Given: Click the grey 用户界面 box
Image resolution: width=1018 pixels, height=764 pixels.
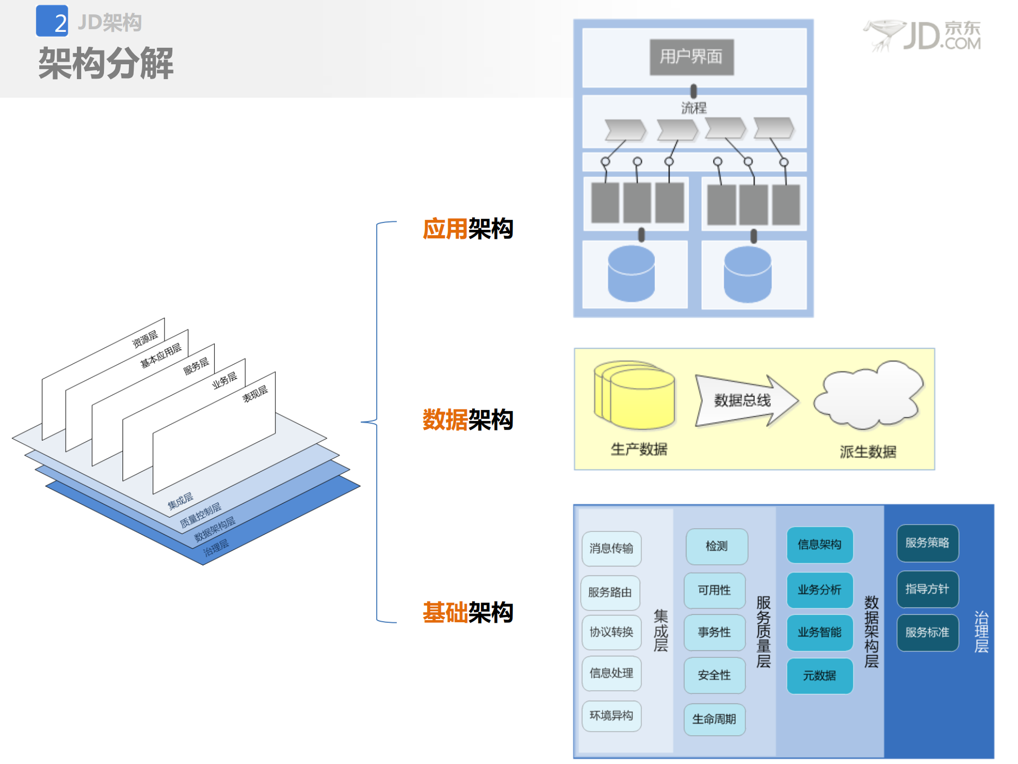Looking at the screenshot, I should coord(692,57).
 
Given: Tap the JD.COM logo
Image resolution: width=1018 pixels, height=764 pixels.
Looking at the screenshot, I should coord(924,36).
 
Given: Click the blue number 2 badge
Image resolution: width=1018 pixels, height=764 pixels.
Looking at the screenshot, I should coord(53,21).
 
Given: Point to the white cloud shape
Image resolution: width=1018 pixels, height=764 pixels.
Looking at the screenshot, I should coord(869,396).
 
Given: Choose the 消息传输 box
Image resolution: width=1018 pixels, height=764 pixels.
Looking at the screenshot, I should coord(611,548).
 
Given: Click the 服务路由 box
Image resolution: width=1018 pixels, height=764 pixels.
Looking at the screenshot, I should coord(610,593).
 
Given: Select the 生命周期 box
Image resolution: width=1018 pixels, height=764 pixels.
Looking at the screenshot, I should coord(714,719).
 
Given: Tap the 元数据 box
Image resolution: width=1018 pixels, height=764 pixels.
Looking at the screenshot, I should coord(820,676).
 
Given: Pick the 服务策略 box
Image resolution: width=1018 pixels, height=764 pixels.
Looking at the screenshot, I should coord(927,543).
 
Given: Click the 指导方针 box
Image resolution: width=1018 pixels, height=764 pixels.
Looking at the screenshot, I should coord(927,589).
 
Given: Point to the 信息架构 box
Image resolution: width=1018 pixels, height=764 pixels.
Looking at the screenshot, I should coord(820,545).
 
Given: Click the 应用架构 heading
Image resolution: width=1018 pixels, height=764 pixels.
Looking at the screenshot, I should coord(467,229).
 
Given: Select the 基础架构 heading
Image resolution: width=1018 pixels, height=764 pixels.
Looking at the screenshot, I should coord(467,612).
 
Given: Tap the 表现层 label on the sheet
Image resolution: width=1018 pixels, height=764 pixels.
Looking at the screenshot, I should coord(255,394).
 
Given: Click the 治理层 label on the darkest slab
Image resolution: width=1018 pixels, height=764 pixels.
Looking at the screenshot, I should coord(216,547).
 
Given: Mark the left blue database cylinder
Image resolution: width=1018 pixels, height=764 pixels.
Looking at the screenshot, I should coord(631,274).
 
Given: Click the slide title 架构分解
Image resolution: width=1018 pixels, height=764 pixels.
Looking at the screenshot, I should coord(106,64).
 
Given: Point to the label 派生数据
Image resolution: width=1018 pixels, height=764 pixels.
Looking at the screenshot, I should coord(868,452).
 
